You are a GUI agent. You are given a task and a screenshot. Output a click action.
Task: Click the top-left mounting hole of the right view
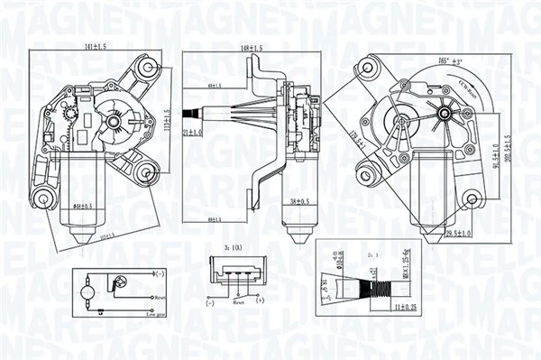tap(366, 68)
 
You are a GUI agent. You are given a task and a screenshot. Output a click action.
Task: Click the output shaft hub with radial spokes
tap(441, 115)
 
